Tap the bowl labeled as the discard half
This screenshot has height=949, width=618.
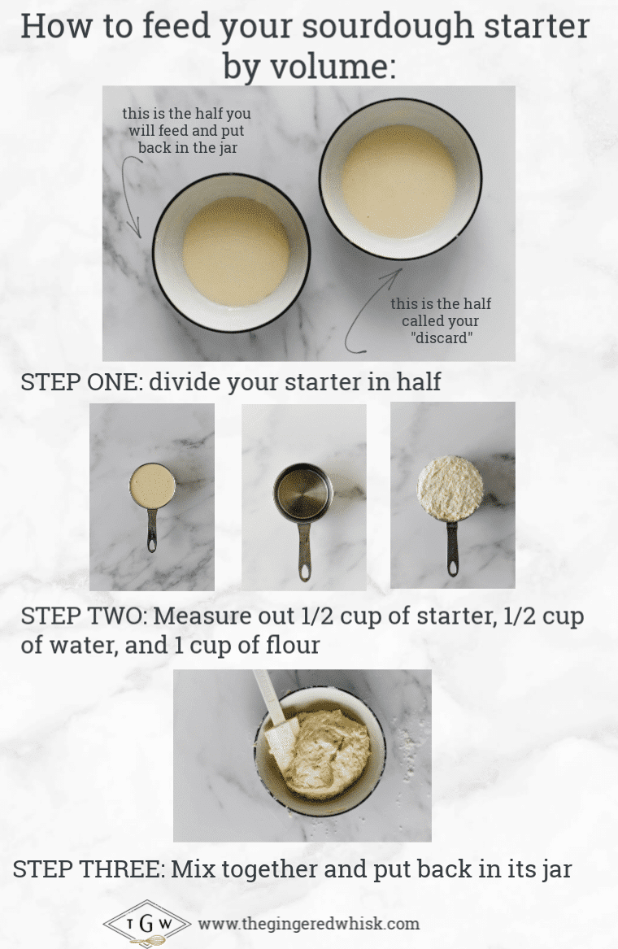point(400,180)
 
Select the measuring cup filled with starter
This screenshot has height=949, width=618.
point(152,487)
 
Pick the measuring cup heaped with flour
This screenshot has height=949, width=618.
point(450,486)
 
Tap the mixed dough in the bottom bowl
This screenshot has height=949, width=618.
point(329,752)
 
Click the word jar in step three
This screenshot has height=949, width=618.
point(552,868)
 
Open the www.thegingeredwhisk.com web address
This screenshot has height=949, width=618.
point(309,924)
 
